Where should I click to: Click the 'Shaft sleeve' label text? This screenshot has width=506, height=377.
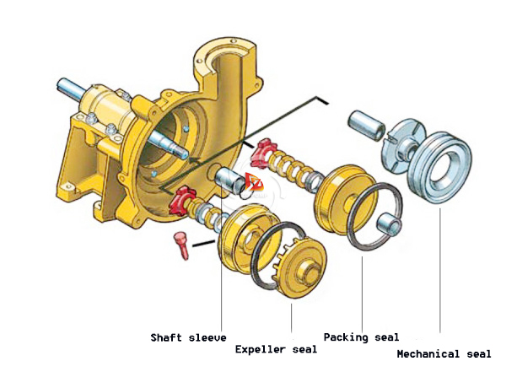[x=188, y=338]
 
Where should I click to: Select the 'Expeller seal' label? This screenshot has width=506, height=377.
[x=277, y=349]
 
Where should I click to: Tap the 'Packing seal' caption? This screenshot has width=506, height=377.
[x=361, y=337]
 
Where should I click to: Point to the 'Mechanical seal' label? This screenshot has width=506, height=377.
[x=443, y=354]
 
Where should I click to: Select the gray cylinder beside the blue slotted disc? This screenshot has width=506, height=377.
[x=368, y=124]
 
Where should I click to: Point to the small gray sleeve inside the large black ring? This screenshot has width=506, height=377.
[x=391, y=224]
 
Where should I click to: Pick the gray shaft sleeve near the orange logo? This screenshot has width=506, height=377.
[x=229, y=180]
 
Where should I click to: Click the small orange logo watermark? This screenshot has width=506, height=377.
[x=254, y=180]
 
